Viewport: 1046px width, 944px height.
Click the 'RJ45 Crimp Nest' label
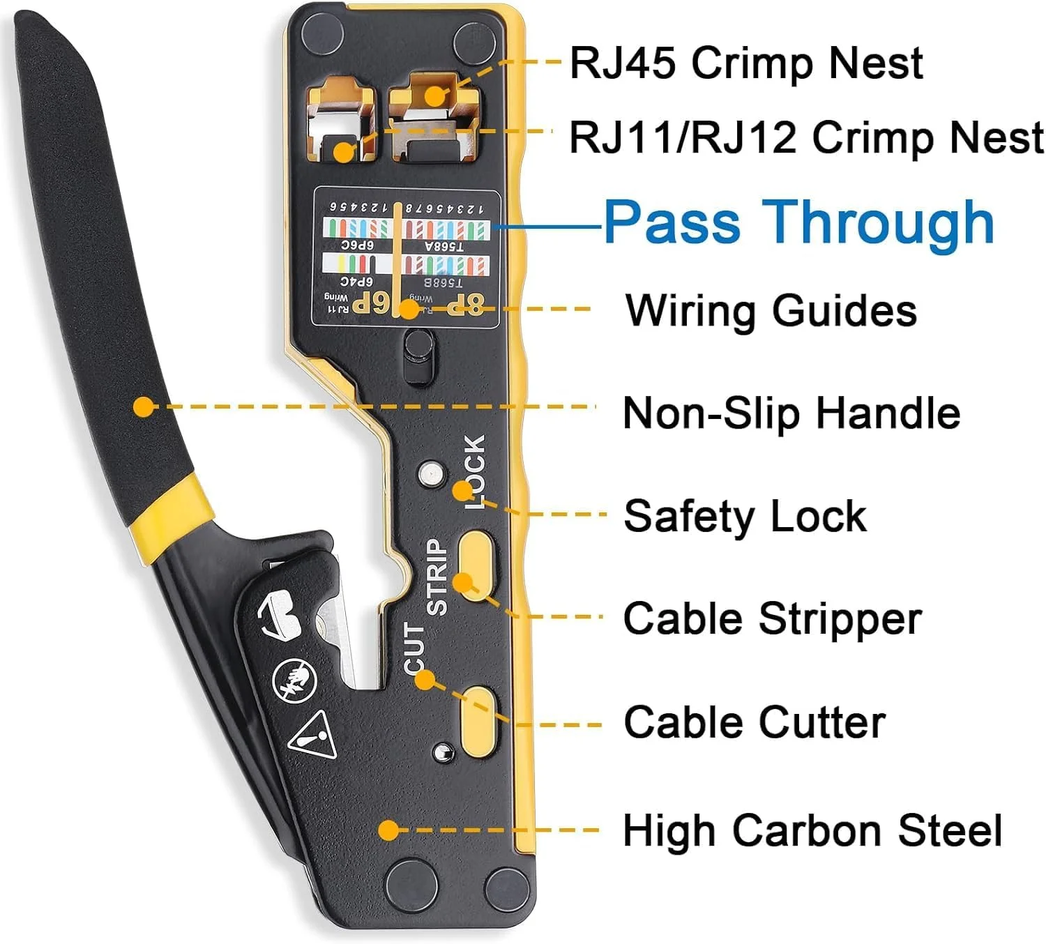746,63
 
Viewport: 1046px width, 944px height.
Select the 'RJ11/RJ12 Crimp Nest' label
806,137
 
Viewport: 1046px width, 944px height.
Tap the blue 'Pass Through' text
798,222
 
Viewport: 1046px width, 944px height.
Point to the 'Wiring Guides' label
771,310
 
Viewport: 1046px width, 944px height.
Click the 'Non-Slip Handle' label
791,413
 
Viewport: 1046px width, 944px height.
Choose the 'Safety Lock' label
745,516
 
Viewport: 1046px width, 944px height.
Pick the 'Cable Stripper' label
773,618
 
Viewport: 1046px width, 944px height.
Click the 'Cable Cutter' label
755,722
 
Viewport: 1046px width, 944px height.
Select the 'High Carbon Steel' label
812,830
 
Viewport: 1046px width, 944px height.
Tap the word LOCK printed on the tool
474,472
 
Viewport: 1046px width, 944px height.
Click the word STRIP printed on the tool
437,577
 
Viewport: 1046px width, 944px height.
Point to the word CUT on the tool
414,648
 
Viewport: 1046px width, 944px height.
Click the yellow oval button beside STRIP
476,561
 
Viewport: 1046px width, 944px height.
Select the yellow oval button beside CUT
478,720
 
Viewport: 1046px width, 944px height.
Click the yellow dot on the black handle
144,406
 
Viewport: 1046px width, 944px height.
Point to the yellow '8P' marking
466,304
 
